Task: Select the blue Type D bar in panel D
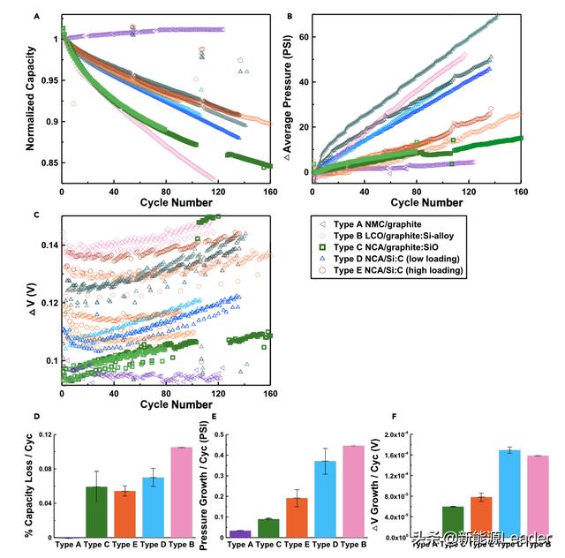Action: point(154,507)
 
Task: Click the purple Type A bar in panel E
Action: point(239,533)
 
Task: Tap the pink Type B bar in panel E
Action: point(352,491)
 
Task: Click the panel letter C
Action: point(34,214)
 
